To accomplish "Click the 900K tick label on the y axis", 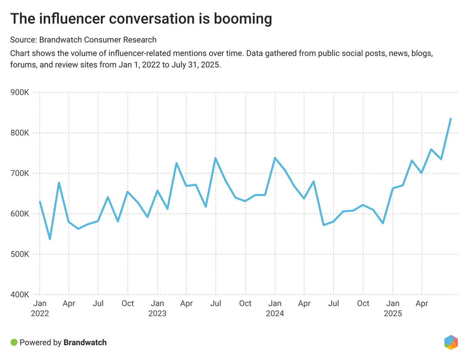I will [x=20, y=93].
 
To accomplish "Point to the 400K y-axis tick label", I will [x=20, y=295].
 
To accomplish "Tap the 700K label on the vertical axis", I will [x=20, y=174].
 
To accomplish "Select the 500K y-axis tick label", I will [x=20, y=254].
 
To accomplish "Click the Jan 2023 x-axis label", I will [x=157, y=308].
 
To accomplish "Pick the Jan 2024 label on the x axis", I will [x=275, y=308].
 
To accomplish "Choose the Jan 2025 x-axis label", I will [x=392, y=308].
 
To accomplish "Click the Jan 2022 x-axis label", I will [x=40, y=308].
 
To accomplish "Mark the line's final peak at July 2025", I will [x=451, y=119].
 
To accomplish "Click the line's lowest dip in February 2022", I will [x=49, y=239].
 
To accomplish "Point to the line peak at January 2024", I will [x=275, y=158].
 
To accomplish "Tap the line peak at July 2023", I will [x=215, y=159].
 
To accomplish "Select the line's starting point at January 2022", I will [x=40, y=202].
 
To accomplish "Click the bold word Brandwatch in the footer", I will [x=85, y=342].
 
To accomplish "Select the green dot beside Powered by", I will [x=14, y=342].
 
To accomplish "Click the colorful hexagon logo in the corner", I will [x=451, y=342].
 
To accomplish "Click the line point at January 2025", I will [x=393, y=188].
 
